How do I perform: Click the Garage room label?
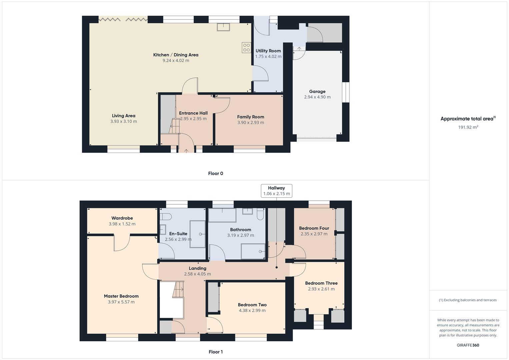[317, 91]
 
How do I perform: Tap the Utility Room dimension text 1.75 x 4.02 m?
[268, 57]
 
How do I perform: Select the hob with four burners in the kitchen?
[246, 47]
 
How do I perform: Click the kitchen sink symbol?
[223, 27]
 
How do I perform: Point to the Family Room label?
[250, 117]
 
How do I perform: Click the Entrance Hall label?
[193, 113]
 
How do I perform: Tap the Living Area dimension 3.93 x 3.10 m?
[123, 122]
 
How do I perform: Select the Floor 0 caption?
[215, 173]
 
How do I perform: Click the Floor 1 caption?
[215, 352]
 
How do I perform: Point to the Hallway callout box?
[276, 191]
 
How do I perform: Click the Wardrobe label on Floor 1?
[122, 218]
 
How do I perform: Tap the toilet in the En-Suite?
[166, 217]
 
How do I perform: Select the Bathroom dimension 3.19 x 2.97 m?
[240, 235]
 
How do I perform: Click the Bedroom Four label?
[314, 228]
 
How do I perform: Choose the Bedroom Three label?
[321, 283]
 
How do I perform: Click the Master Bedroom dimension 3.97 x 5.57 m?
[121, 302]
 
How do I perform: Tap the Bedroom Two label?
[252, 305]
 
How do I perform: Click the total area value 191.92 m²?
[468, 127]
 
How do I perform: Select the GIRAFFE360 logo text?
[468, 345]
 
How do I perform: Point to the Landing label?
[197, 268]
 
